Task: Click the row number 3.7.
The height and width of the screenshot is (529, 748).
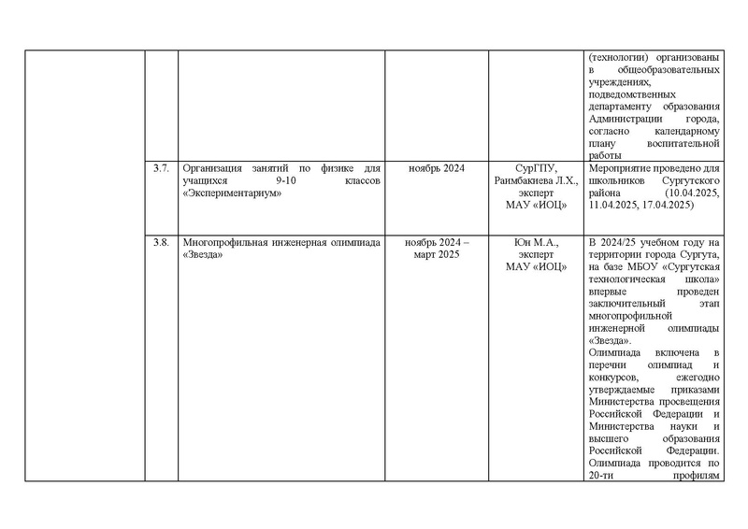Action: point(160,168)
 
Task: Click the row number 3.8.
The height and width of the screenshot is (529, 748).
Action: point(160,243)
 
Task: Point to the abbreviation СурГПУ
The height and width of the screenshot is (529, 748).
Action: point(536,168)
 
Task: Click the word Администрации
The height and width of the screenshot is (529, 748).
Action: point(626,119)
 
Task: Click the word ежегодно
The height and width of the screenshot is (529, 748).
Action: point(690,377)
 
